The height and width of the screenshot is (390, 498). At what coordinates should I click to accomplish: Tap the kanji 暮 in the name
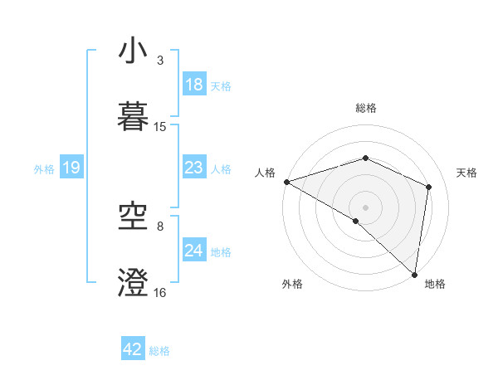coord(134,115)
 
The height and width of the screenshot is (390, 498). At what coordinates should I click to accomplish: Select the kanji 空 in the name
coord(134,218)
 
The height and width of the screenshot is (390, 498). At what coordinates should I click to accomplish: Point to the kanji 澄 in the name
coord(134,282)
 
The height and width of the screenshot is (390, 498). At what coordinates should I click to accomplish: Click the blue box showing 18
coord(193,85)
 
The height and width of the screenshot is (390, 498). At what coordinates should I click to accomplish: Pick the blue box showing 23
coord(193,168)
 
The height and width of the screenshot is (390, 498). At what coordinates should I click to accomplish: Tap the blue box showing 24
coord(193,251)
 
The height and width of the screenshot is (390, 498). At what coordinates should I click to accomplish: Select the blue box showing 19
coord(71,168)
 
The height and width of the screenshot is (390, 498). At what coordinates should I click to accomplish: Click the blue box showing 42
coord(133,349)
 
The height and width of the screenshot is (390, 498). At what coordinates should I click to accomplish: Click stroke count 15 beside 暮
coord(160,127)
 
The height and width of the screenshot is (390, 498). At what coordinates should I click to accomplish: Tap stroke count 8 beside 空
coord(159,226)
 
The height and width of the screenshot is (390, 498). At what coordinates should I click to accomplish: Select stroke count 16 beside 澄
coord(160,292)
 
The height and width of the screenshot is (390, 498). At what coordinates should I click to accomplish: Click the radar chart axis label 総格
coord(366,108)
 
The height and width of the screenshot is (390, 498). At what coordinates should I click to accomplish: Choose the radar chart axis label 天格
coord(467,173)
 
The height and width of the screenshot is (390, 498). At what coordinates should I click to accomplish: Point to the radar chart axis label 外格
coord(292,284)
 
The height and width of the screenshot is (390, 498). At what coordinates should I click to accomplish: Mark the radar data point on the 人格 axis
coord(286,182)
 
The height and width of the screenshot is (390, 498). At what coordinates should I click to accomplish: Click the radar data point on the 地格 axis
coord(415,274)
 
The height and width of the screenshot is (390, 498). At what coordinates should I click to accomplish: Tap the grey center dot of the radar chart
coord(366,207)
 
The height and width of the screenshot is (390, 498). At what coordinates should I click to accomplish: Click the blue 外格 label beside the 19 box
coord(44,168)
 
